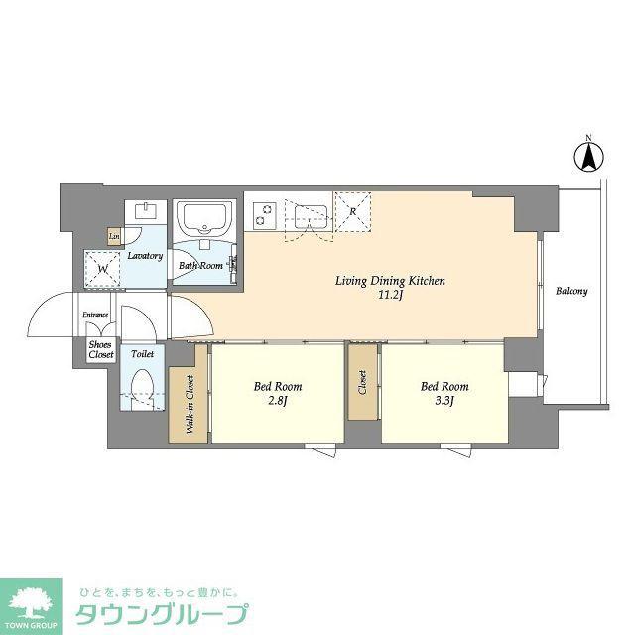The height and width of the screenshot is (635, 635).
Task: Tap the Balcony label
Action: pyautogui.click(x=571, y=291)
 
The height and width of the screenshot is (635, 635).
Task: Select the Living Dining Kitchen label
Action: pyautogui.click(x=390, y=281)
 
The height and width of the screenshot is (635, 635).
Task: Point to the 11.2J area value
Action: pyautogui.click(x=390, y=295)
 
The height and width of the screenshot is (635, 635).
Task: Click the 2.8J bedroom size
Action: pyautogui.click(x=278, y=401)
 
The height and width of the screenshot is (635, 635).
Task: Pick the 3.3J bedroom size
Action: pyautogui.click(x=444, y=401)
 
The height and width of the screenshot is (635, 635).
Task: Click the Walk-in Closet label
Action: pyautogui.click(x=190, y=405)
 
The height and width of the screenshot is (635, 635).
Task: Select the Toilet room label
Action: pyautogui.click(x=143, y=354)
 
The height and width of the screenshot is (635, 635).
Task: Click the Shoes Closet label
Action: pyautogui.click(x=101, y=350)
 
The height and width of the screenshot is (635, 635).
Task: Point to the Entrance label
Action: pyautogui.click(x=95, y=315)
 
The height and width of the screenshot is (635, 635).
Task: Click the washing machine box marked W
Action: pyautogui.click(x=102, y=269)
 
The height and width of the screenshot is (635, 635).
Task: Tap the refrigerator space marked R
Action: pyautogui.click(x=353, y=211)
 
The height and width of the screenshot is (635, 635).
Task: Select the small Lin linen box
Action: pyautogui.click(x=114, y=236)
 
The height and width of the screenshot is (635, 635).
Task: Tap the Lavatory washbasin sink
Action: pyautogui.click(x=146, y=211)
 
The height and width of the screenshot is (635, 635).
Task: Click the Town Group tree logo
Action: pyautogui.click(x=31, y=603)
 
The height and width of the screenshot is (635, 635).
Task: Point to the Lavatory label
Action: pyautogui.click(x=145, y=256)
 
